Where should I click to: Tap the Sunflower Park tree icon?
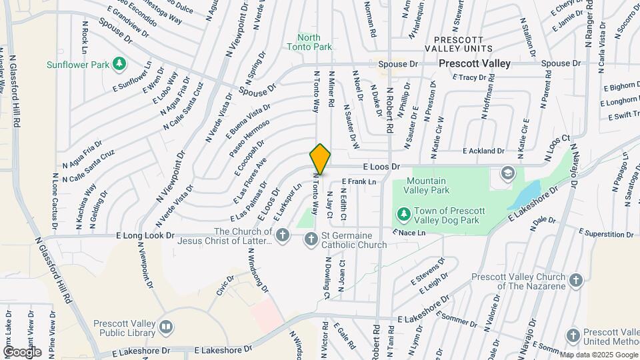(x=119, y=64)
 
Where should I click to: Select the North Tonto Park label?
(x=309, y=42)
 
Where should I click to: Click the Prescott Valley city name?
(x=475, y=63)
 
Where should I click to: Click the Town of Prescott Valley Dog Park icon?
(x=403, y=214)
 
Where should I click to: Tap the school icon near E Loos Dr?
(x=507, y=173)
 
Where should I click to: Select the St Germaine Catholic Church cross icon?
(x=311, y=239)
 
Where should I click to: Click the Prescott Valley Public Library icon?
(x=166, y=327)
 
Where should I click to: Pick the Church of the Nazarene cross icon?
(x=576, y=280)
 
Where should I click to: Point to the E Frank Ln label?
(x=359, y=181)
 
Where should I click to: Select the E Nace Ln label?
(x=409, y=233)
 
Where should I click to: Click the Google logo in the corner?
(x=22, y=351)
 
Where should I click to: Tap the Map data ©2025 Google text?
(x=598, y=355)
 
